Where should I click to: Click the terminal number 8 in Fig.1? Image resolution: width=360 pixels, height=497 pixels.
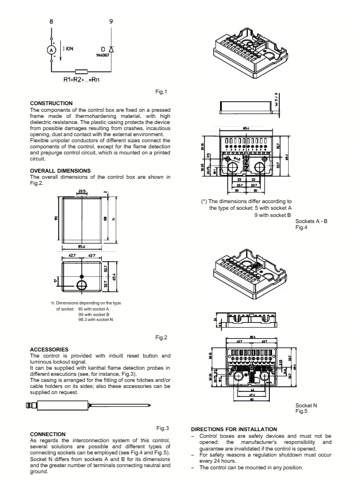[51, 21]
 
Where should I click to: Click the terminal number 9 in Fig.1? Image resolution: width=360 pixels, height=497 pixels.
[111, 21]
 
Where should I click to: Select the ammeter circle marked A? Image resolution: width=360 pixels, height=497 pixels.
[52, 50]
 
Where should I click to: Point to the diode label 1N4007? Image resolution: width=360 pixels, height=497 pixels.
[102, 55]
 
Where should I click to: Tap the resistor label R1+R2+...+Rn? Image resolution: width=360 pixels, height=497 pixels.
[81, 80]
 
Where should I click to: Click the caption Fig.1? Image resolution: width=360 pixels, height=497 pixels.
[161, 92]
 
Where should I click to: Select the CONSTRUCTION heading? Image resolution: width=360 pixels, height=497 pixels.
[51, 103]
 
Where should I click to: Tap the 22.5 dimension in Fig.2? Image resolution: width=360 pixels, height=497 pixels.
[82, 191]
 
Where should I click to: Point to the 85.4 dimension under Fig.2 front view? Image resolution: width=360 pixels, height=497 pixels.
[81, 246]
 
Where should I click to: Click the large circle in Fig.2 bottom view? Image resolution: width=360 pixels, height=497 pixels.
[82, 285]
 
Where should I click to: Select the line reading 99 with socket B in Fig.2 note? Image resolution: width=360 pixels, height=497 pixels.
[93, 314]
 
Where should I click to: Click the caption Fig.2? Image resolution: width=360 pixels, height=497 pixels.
[161, 337]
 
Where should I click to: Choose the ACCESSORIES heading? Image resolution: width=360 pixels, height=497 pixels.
[49, 349]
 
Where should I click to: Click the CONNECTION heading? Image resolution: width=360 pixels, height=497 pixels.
[48, 434]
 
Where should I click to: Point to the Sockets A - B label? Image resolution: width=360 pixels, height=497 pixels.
[311, 221]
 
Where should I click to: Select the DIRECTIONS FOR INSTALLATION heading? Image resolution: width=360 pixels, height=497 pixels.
[234, 429]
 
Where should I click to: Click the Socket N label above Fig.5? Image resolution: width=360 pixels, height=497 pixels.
[306, 406]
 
